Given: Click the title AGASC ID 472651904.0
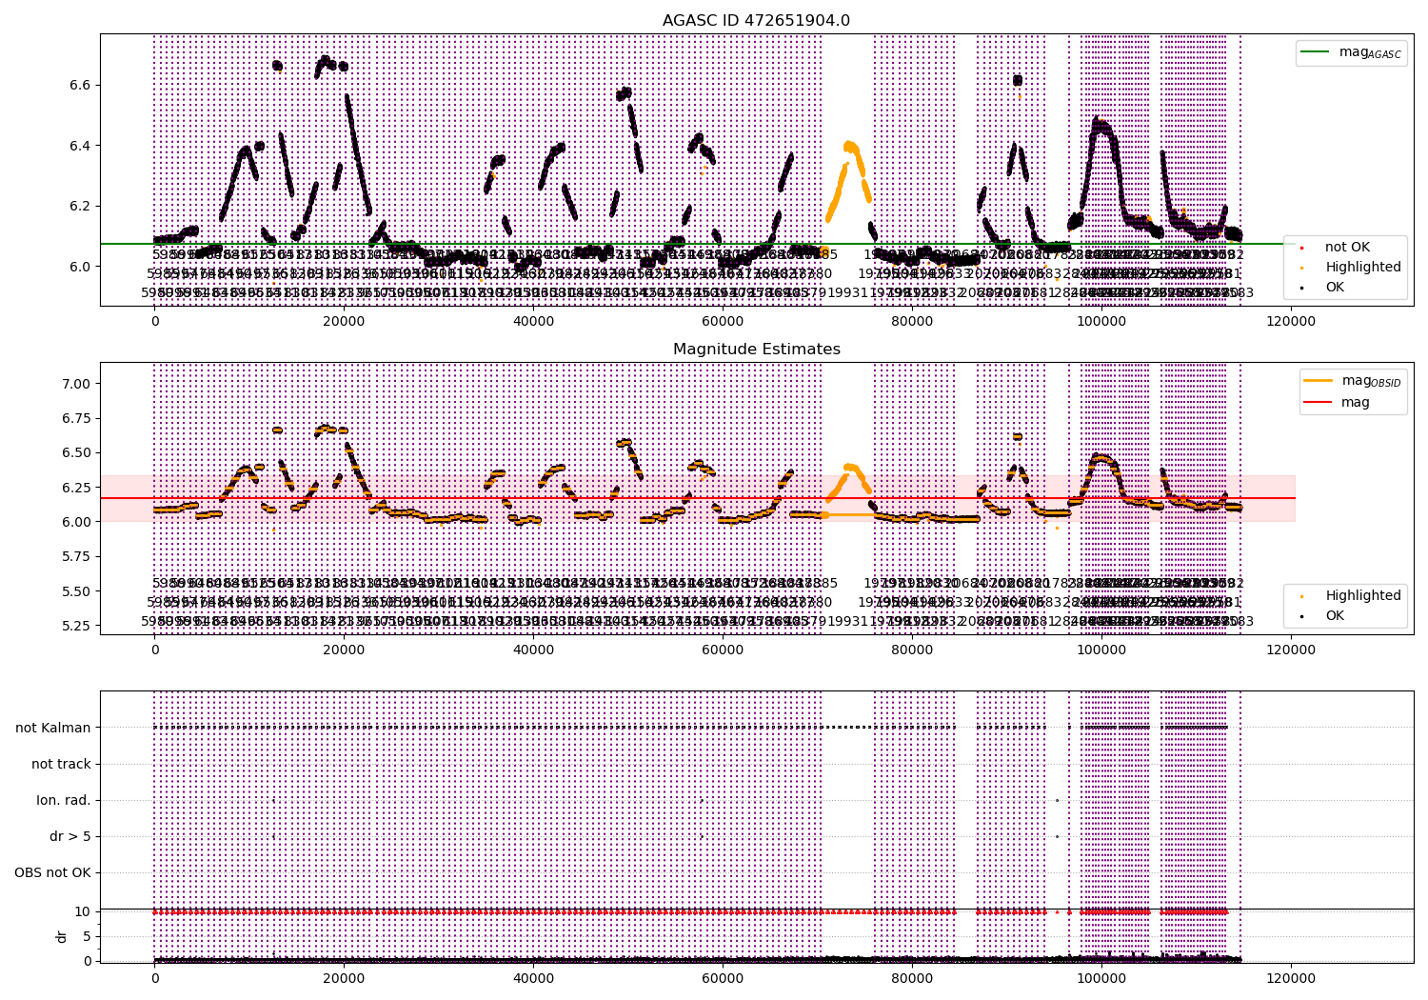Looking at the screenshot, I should (756, 21).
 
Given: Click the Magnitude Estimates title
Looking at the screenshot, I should (756, 350).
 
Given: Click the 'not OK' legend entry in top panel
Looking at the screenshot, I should (1346, 248).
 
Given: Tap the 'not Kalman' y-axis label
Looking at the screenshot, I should (53, 728).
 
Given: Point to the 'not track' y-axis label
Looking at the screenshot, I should (61, 764).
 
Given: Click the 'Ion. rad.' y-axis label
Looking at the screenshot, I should (64, 800).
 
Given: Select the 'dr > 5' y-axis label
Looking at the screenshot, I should (69, 836).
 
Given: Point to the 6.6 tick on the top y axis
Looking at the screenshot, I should (79, 85).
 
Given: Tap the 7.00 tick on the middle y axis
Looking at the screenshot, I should (75, 384).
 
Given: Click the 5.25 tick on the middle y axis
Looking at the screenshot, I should (75, 626).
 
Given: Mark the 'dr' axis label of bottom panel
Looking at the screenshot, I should (62, 936).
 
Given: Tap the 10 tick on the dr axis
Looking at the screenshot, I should (83, 911).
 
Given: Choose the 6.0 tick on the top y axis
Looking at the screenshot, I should (79, 267).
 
